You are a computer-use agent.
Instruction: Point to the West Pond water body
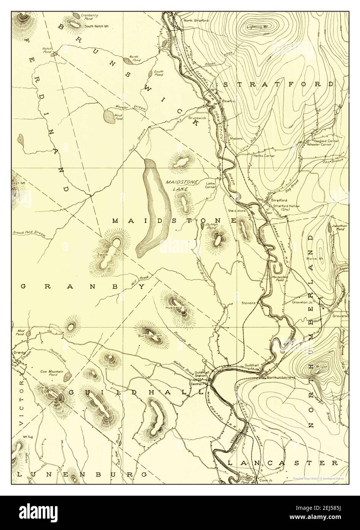109,117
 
